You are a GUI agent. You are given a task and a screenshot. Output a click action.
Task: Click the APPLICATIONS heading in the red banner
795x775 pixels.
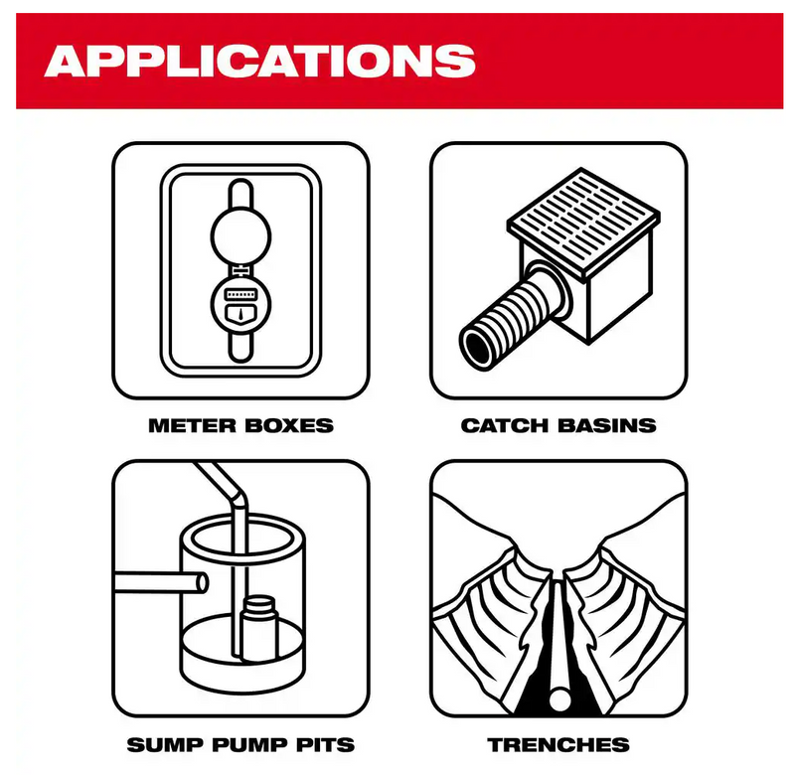[260, 60]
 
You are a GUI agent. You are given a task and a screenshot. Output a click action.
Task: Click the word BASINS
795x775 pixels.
[606, 425]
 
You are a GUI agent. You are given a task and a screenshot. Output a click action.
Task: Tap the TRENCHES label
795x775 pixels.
[557, 744]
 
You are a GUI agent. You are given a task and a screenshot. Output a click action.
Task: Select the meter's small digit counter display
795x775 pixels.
[239, 295]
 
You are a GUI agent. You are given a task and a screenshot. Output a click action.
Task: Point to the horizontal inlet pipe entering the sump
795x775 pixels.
[159, 584]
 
